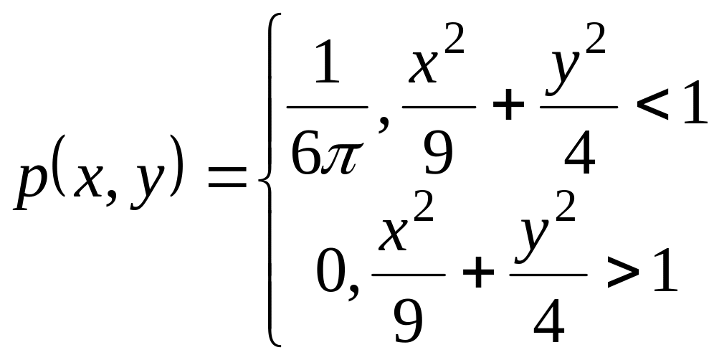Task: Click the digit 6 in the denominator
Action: (x=307, y=153)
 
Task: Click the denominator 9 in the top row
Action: (x=438, y=155)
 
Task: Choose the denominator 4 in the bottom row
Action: (x=549, y=321)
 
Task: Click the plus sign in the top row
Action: (x=507, y=108)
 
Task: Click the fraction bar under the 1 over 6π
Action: (x=327, y=108)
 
